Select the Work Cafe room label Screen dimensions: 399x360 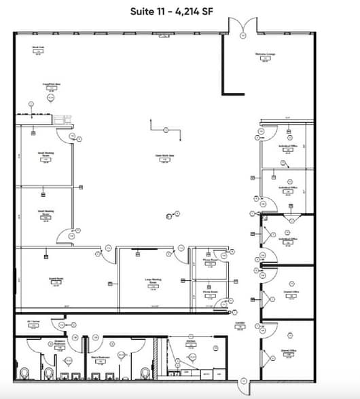click(x=39, y=47)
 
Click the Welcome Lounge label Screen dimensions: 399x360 click(x=265, y=54)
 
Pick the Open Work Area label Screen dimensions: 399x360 click(x=162, y=155)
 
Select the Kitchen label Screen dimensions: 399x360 click(x=191, y=342)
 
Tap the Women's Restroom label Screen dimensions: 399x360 click(x=59, y=342)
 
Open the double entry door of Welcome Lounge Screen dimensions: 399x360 click(x=242, y=26)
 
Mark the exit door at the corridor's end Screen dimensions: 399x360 click(x=242, y=387)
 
